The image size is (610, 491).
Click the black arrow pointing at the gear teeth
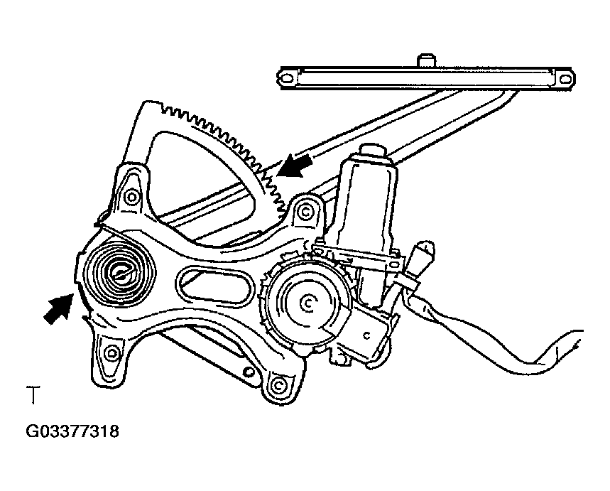(x=294, y=166)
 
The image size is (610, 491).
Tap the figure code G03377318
(x=72, y=431)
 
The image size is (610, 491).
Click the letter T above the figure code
(x=33, y=394)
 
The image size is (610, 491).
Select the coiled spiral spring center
(x=121, y=272)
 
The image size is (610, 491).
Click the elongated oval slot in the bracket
(x=215, y=286)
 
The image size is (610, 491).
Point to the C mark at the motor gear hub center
(x=307, y=304)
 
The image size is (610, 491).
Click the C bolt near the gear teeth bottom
(x=306, y=212)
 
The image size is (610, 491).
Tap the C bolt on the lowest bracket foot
(x=278, y=385)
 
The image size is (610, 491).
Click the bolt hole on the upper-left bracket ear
(x=132, y=197)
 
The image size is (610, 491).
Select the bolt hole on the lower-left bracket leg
(x=112, y=354)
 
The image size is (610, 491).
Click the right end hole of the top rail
(x=565, y=80)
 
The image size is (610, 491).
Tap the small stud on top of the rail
(x=426, y=60)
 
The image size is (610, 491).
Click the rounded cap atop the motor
(x=372, y=151)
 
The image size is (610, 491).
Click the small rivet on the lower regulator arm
(x=246, y=372)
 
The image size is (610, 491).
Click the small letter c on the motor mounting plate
(x=366, y=335)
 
